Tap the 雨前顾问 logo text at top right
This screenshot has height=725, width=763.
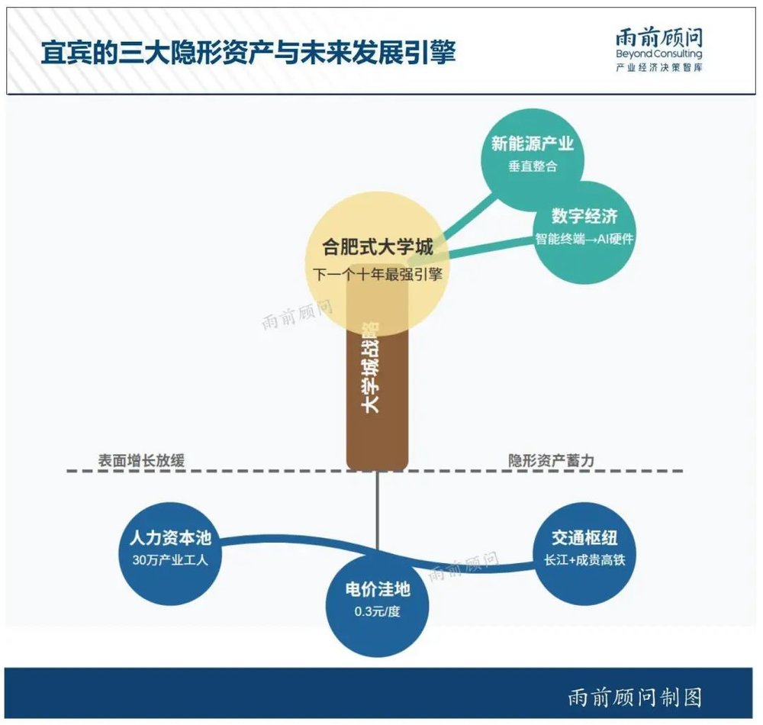658,37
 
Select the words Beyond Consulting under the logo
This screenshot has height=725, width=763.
658,55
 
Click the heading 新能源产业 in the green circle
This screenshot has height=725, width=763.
533,143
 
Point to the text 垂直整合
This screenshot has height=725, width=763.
533,165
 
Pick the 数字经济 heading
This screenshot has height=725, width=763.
584,216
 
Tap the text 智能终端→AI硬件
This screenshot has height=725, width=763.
584,238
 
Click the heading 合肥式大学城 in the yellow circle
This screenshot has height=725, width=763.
377,248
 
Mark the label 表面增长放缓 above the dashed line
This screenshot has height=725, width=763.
142,460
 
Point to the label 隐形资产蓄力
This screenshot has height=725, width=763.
551,460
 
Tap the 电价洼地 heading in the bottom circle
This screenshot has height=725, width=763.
378,589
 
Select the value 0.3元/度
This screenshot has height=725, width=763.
378,611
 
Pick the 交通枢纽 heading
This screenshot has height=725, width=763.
584,536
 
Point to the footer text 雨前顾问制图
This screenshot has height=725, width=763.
635,697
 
